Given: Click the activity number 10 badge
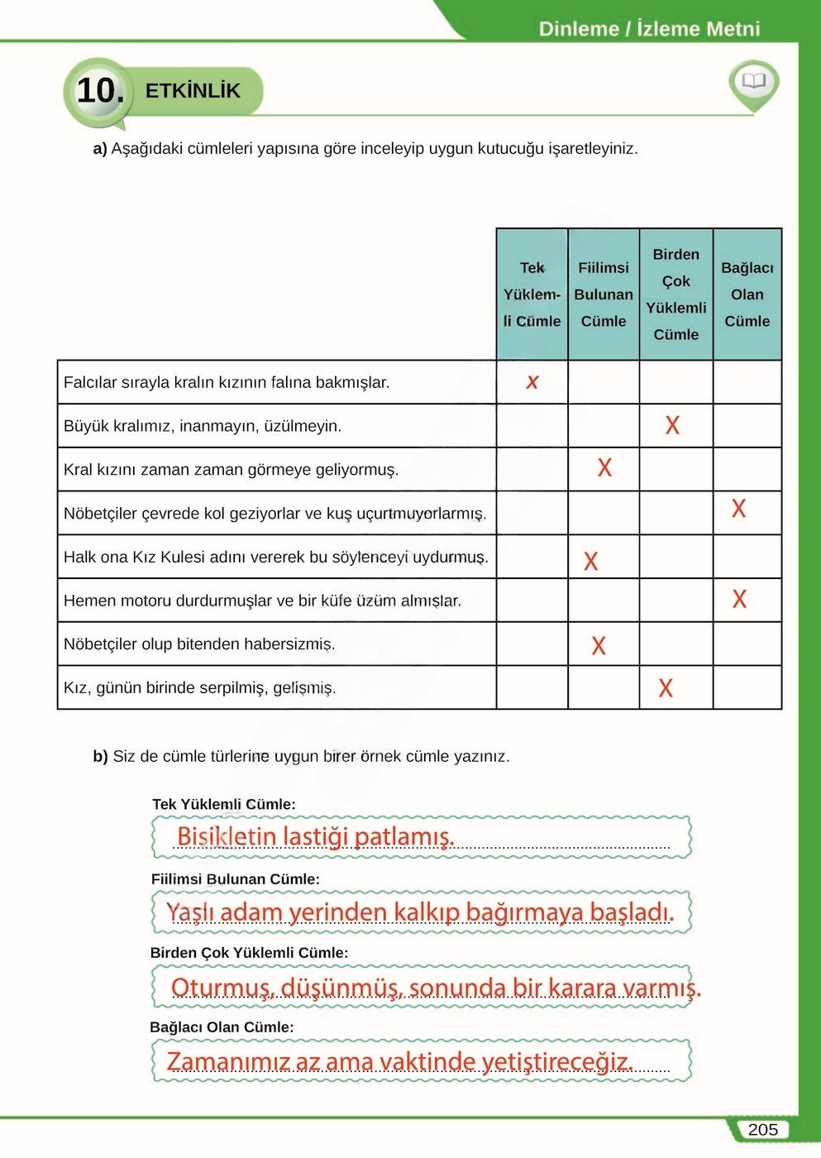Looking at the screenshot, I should [x=100, y=90].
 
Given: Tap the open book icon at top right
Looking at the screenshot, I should [x=753, y=81].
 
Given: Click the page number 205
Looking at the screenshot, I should [x=762, y=1130].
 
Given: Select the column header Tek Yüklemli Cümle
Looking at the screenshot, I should [x=532, y=294].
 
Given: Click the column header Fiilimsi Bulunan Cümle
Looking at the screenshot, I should [x=604, y=294].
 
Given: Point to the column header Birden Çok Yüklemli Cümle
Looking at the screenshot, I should [x=675, y=294].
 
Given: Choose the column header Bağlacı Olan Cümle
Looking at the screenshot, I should [x=747, y=294].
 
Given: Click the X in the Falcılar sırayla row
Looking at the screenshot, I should [x=532, y=382].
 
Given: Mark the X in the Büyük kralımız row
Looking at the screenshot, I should [x=672, y=425].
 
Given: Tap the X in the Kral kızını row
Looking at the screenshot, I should [x=604, y=468].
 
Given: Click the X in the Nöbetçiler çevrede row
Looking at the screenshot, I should [x=738, y=509].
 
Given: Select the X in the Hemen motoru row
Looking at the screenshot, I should [x=739, y=599].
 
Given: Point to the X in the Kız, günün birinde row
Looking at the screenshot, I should [x=665, y=688].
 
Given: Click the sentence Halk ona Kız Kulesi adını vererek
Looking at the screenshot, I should [x=275, y=557].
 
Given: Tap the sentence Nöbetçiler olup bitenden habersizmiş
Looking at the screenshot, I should [x=199, y=644].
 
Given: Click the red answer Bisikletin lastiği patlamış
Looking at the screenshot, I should [x=315, y=836].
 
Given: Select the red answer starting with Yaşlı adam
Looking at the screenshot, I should [x=420, y=912].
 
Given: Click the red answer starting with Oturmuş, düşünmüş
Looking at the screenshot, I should [x=436, y=988].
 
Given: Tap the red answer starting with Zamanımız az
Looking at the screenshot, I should [x=400, y=1061].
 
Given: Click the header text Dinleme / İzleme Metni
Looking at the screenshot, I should [x=649, y=29].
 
